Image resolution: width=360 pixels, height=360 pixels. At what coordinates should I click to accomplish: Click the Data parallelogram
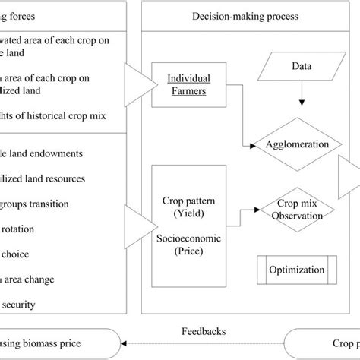tap(302, 67)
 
